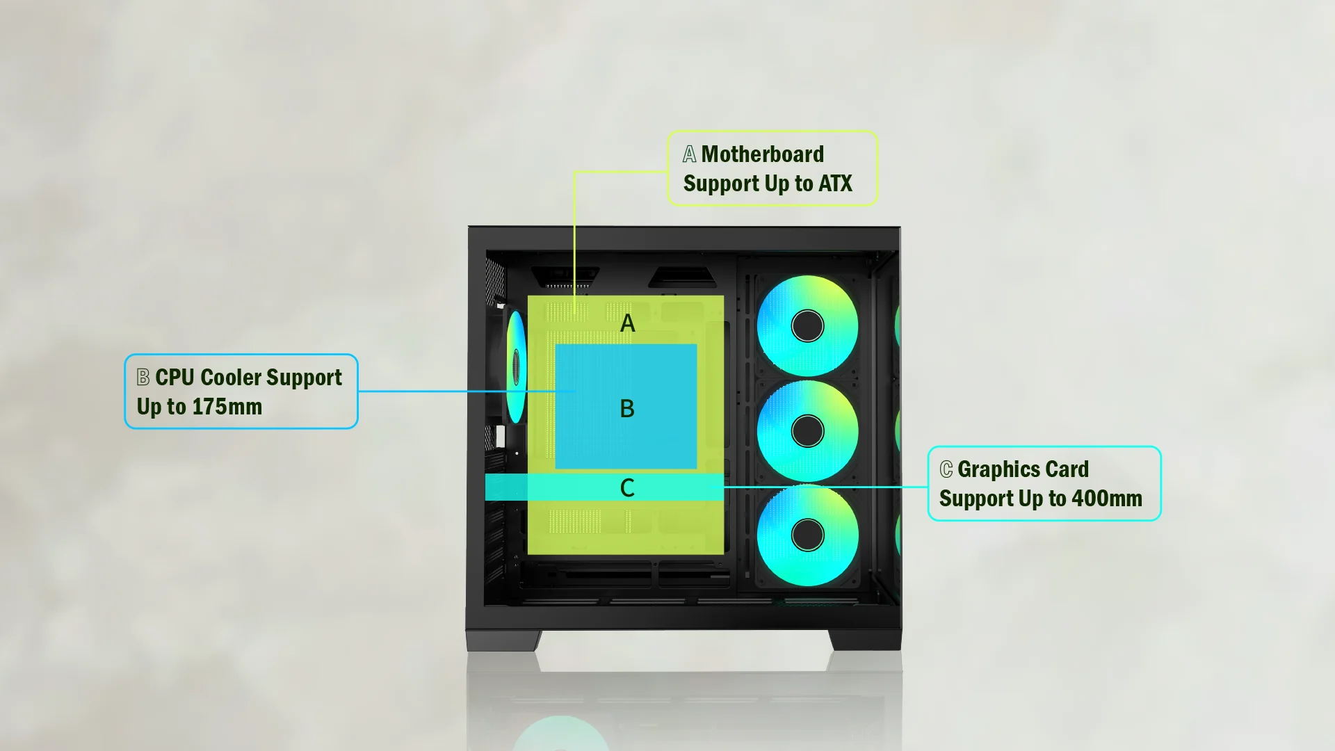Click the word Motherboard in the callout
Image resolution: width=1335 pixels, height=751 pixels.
coord(762,154)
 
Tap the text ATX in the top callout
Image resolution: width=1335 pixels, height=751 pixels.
coord(835,184)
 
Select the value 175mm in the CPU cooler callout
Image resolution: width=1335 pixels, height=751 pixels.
coord(227,407)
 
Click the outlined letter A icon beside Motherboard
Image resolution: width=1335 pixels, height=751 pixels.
coord(689,154)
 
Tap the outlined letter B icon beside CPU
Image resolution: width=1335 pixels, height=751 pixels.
coord(143,377)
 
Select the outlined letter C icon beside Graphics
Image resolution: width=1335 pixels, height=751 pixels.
coord(946,469)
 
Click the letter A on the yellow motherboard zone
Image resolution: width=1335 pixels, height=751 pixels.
coord(627,323)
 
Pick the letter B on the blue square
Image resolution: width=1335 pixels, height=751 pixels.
coord(627,409)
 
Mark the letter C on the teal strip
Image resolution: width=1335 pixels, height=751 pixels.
coord(627,488)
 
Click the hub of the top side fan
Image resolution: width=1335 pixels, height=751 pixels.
coord(807,326)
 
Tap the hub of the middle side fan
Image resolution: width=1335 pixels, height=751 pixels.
coord(807,431)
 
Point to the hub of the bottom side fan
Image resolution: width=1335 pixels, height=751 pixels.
coord(807,535)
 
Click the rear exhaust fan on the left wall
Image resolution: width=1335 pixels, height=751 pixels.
coord(516,366)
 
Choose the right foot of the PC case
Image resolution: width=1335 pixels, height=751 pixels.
coord(866,640)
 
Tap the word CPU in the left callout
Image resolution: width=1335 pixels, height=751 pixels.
coord(175,378)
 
